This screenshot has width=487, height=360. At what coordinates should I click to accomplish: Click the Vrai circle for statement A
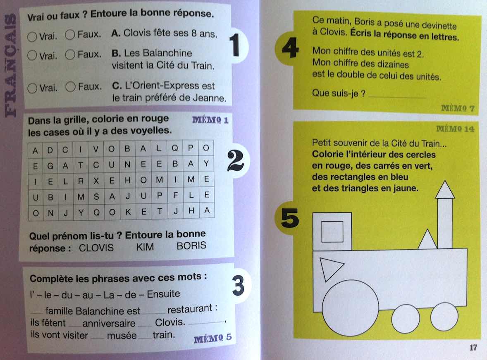32,37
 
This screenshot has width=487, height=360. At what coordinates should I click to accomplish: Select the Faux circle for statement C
71,87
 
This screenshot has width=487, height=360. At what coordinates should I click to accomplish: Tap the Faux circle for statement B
70,55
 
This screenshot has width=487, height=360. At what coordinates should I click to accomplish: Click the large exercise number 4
290,48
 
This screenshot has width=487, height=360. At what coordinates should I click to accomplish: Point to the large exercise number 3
238,286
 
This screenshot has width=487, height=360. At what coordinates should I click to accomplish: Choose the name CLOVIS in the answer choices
96,248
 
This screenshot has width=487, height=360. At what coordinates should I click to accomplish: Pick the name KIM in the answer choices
145,247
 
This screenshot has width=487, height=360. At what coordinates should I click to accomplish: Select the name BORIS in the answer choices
191,246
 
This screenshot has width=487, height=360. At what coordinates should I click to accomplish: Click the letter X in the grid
96,181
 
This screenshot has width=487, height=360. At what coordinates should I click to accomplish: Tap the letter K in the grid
128,212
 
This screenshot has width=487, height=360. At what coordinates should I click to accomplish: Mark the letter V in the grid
96,150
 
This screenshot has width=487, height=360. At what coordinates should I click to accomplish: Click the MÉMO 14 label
455,129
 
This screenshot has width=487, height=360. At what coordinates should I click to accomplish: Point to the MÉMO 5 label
213,338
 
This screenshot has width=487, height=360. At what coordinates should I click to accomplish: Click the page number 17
473,348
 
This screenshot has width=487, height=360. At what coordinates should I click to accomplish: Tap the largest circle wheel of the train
350,308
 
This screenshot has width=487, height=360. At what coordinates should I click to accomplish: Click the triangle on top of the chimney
445,190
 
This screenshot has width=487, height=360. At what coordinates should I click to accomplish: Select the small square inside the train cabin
332,232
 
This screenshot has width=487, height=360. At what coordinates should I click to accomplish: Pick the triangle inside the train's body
330,267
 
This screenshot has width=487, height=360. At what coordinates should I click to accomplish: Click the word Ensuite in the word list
163,294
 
